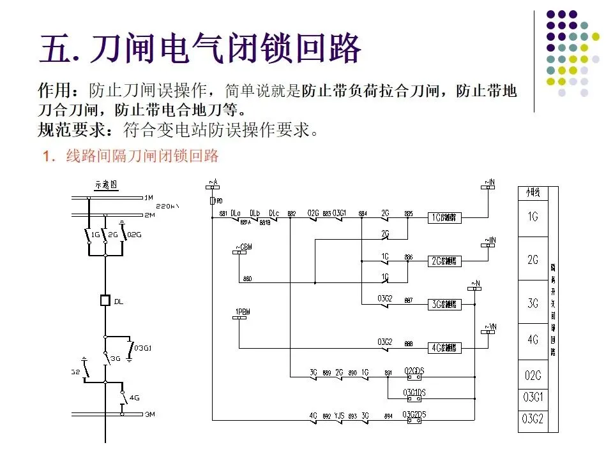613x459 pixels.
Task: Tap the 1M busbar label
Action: [x=149, y=198]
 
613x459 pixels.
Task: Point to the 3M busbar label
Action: [x=149, y=414]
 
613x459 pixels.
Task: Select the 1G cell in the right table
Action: [x=533, y=217]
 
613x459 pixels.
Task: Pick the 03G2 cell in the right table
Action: [x=533, y=419]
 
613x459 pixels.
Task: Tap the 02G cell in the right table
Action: [x=533, y=376]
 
